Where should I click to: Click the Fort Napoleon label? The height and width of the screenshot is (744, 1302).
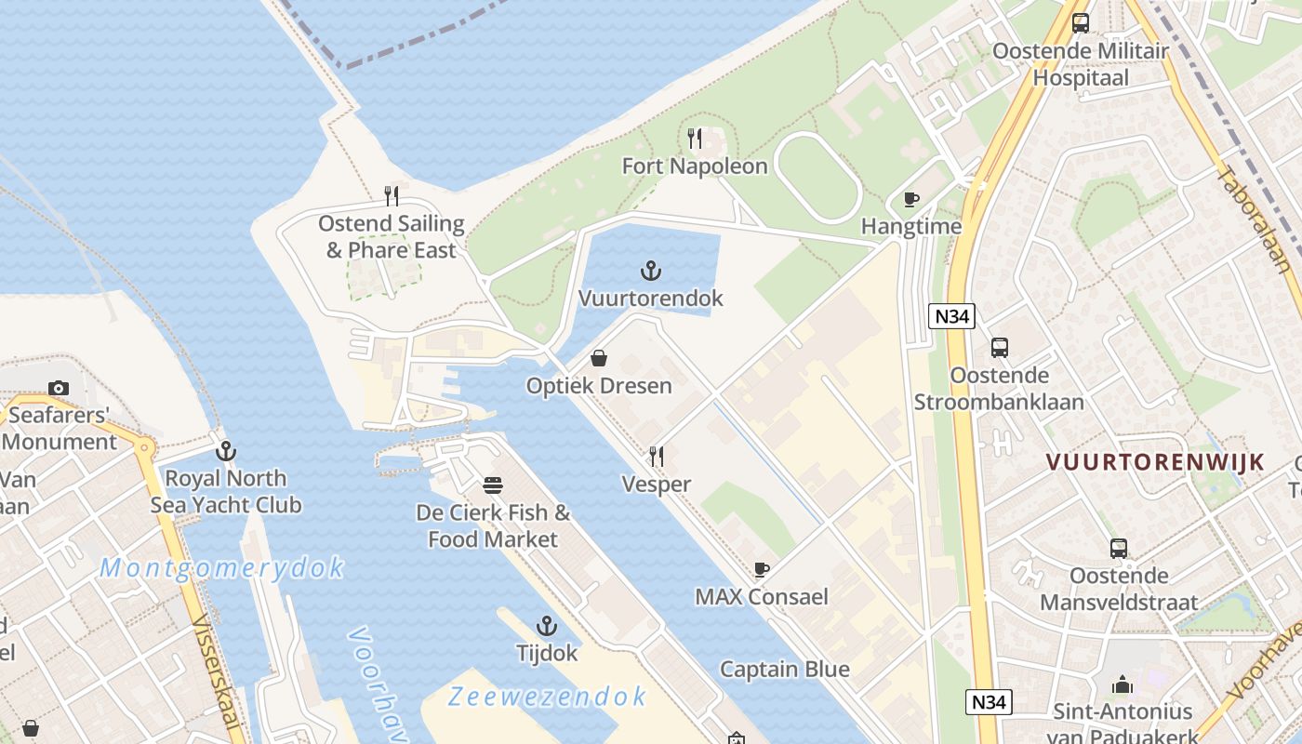pos(695,166)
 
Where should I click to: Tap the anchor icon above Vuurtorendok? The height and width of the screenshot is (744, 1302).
pos(651,271)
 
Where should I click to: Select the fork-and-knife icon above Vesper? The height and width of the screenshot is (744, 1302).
pos(657,456)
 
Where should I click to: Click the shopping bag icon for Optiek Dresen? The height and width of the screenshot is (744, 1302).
pos(599,358)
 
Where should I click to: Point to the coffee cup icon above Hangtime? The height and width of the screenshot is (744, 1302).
pos(911,199)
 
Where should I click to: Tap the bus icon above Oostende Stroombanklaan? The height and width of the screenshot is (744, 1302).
pos(1000,348)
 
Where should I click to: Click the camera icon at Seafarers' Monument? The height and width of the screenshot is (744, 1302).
pos(59,388)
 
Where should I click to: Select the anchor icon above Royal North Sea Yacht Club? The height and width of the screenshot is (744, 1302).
pos(226,451)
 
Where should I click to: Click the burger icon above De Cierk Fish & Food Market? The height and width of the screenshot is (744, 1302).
pos(493,485)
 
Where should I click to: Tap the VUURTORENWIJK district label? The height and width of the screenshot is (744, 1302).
pos(1155,462)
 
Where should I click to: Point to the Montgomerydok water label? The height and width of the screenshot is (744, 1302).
pos(221,567)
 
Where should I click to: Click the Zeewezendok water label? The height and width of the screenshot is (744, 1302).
pos(547,696)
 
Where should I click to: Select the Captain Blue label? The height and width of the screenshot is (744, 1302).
pos(785,669)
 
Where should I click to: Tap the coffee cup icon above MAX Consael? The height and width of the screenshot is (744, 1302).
pos(762,569)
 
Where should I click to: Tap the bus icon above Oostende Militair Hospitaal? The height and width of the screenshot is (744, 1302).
pos(1080,23)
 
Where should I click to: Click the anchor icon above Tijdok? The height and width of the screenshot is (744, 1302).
pos(547,626)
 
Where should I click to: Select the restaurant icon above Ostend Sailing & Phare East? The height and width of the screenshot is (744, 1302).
pos(392,196)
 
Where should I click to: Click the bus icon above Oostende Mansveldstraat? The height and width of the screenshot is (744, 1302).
pos(1119,549)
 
